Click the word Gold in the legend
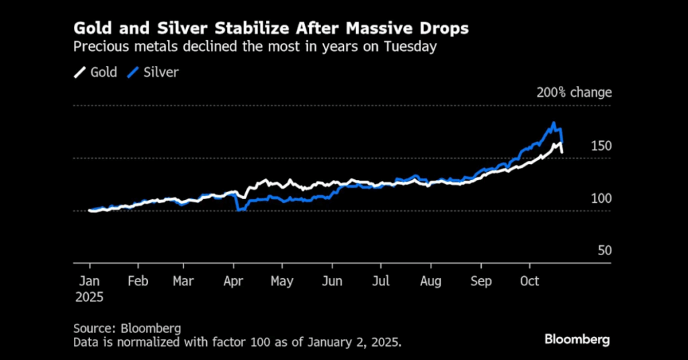pos(103,73)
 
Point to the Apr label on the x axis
pos(232,281)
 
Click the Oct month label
pos(529,281)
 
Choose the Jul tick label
pos(381,281)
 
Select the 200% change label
pos(574,93)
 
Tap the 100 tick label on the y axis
pos(600,199)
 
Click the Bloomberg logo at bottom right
pos(577,339)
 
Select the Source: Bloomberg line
pos(128,328)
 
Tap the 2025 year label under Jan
pos(90,296)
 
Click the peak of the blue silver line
pos(554,123)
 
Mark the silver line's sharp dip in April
pos(239,210)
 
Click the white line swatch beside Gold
pos(79,73)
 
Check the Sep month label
pos(480,281)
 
